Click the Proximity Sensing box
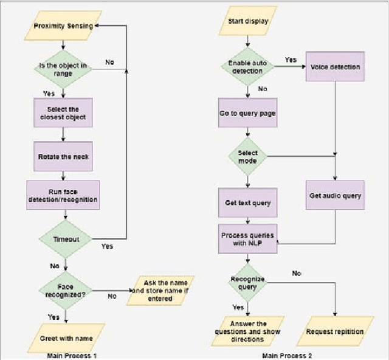point(64,26)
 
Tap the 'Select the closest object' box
point(64,112)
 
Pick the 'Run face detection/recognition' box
point(64,195)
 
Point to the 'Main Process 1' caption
point(72,355)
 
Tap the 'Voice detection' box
point(336,67)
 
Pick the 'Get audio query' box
point(336,196)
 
